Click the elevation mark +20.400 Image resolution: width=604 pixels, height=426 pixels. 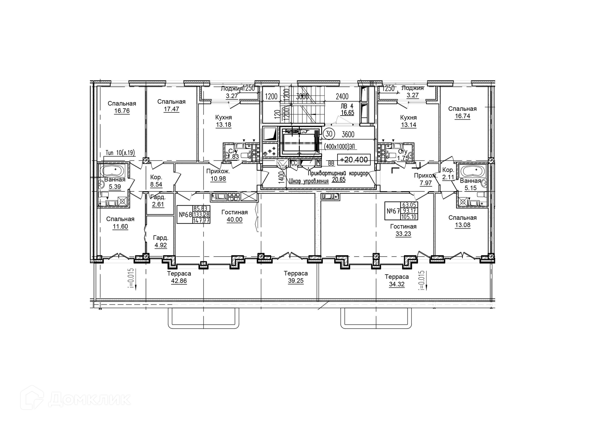[x=354, y=160]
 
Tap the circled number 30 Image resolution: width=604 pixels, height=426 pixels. [x=329, y=134]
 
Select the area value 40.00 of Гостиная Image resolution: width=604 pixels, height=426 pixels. [x=234, y=220]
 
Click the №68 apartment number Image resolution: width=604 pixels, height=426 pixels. [x=185, y=215]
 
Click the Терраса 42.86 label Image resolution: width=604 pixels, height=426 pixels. [x=179, y=277]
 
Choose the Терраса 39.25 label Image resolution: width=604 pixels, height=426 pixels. [x=296, y=277]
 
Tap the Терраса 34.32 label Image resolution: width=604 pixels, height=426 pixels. [x=397, y=281]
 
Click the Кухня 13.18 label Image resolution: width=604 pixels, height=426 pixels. [x=223, y=121]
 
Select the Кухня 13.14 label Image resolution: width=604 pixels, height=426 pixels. [x=408, y=121]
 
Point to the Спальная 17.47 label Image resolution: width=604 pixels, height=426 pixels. [x=171, y=105]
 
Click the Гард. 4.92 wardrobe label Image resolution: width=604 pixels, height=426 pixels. [x=160, y=241]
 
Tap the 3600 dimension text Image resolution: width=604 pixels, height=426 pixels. [x=348, y=135]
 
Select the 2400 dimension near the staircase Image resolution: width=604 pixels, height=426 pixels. [x=342, y=96]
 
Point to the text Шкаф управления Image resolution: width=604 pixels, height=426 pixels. [x=308, y=181]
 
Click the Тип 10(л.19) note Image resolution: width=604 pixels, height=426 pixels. [x=120, y=153]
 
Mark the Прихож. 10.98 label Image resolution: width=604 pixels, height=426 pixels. [x=218, y=175]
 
